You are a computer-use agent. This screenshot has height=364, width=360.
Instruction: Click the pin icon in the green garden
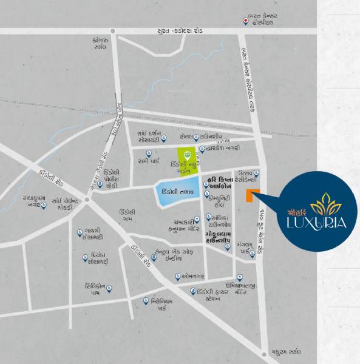pos(188,155)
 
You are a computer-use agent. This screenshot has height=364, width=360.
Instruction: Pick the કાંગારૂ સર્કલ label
pos(97,44)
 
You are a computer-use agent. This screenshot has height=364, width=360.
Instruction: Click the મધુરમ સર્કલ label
pos(287,352)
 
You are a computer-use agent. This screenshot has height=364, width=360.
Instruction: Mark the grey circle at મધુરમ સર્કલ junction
pos(264,354)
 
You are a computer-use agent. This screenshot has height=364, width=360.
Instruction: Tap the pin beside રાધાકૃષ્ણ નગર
pos(44,206)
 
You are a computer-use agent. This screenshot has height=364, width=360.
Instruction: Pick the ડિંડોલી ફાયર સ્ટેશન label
pos(213,294)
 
